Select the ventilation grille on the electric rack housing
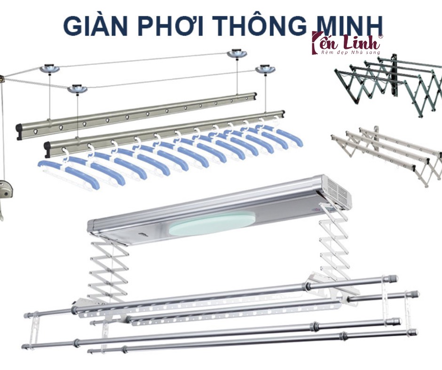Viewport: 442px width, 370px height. [336, 192]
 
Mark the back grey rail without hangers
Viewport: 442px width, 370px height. [136, 113]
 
